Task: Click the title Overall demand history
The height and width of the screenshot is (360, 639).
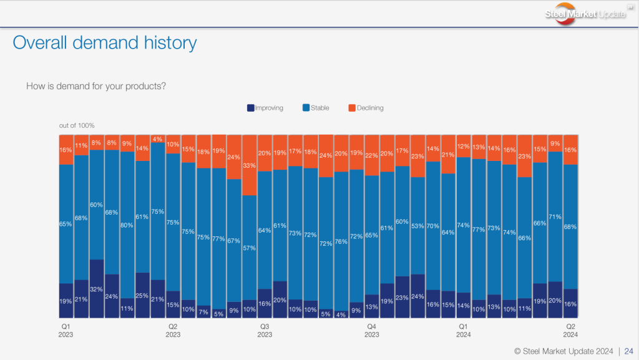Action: pos(105,42)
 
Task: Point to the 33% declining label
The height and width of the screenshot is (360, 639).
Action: pos(249,166)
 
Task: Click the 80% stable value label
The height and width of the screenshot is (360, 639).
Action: pos(127,225)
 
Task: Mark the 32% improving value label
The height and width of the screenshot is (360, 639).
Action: pos(97,289)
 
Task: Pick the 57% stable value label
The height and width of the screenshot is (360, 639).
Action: pos(249,248)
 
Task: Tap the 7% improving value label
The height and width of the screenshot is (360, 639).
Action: pos(203,311)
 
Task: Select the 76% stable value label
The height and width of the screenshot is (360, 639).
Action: pos(341,241)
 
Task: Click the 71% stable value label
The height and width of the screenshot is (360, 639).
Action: pos(555,217)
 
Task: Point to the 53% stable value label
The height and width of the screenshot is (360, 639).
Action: pos(417,226)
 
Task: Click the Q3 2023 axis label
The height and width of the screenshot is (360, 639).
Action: pos(265,331)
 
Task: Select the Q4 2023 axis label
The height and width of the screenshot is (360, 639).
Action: pos(371,331)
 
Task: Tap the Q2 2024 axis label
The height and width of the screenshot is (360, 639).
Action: pos(570,331)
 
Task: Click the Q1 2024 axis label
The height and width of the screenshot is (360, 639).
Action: pos(463,331)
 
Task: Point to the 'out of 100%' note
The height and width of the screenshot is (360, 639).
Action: pos(77,125)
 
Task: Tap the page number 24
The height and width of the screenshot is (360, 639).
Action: pos(629,351)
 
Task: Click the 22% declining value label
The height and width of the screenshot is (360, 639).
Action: pos(371,155)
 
